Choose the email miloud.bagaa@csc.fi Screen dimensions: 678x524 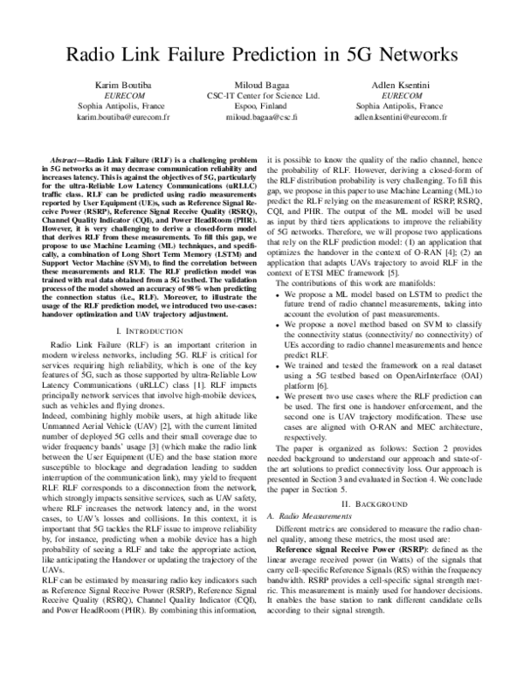pos(261,115)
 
